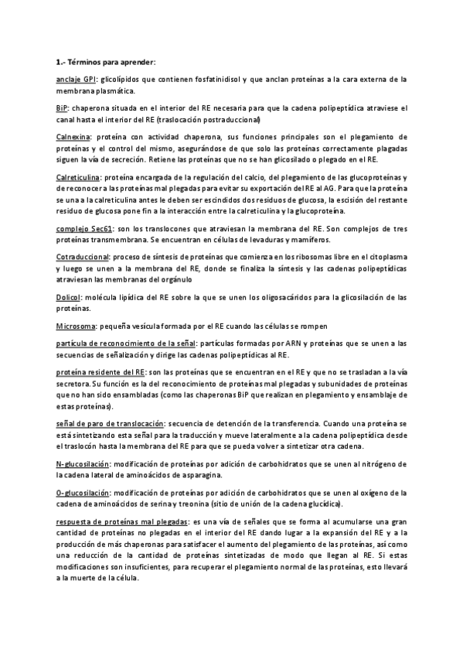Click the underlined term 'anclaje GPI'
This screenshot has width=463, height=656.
click(76, 80)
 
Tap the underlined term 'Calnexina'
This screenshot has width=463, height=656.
click(74, 140)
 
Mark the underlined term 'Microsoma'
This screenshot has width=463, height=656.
click(77, 326)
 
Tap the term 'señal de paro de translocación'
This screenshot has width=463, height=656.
click(110, 425)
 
